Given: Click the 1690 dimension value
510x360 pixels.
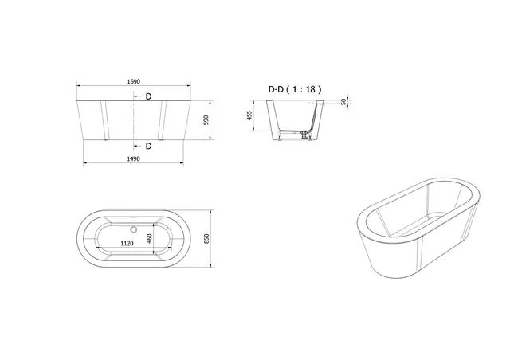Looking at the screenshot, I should (133, 81).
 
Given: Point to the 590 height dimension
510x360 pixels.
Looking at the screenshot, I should (206, 121).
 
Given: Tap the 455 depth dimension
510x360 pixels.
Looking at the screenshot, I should (251, 118).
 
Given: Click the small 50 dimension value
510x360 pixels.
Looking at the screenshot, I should (343, 101).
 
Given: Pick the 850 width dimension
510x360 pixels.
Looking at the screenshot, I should (206, 240).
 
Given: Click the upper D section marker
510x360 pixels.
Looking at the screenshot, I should (148, 96).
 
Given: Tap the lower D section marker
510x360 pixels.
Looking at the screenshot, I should (148, 146).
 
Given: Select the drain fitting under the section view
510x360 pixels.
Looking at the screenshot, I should (304, 136).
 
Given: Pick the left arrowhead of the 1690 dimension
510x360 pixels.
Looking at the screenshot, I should (78, 86).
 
